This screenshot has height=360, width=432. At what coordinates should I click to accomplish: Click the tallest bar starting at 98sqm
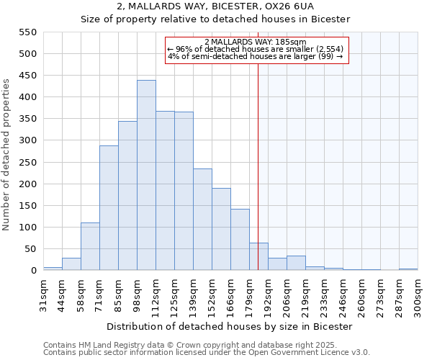[x=146, y=175]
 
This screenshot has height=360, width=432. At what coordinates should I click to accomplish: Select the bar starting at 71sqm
[x=109, y=208]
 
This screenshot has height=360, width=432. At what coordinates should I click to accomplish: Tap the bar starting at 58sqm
[x=90, y=246]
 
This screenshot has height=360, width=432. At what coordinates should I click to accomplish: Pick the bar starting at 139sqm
[x=202, y=220]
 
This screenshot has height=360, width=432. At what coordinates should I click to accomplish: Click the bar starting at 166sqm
[x=240, y=240]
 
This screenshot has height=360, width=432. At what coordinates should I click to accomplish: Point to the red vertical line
[x=258, y=166]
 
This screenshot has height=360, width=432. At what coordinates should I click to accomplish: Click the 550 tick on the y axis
[x=27, y=32]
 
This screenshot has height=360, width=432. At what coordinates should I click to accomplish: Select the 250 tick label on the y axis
[x=27, y=163]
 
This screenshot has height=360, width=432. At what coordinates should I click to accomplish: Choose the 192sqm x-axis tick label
[x=268, y=295]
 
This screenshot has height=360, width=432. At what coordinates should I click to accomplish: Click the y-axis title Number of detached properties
[x=7, y=155]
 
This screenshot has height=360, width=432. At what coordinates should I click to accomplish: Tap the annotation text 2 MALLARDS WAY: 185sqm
[x=256, y=42]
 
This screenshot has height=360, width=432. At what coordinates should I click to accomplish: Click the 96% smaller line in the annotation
[x=256, y=49]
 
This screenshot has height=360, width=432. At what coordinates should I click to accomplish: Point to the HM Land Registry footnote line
[x=205, y=345]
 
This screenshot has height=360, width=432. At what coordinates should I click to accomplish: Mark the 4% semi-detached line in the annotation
[x=256, y=56]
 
